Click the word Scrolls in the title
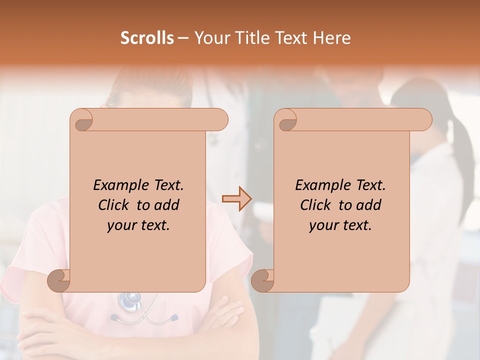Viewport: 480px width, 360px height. point(147,38)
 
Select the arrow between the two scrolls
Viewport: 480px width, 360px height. point(236,199)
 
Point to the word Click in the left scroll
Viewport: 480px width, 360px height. point(115,205)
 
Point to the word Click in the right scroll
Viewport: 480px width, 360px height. point(317,205)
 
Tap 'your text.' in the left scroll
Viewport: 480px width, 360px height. point(138,225)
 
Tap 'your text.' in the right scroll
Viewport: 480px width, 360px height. point(340,225)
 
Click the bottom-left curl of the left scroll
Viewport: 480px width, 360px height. point(59,280)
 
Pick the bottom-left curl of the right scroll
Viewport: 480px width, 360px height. point(263,280)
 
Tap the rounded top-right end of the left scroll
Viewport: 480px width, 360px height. point(220,119)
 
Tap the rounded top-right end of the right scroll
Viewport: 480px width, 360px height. point(424,119)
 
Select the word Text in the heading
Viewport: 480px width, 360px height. point(290,38)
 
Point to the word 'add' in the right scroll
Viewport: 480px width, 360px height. point(369,205)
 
